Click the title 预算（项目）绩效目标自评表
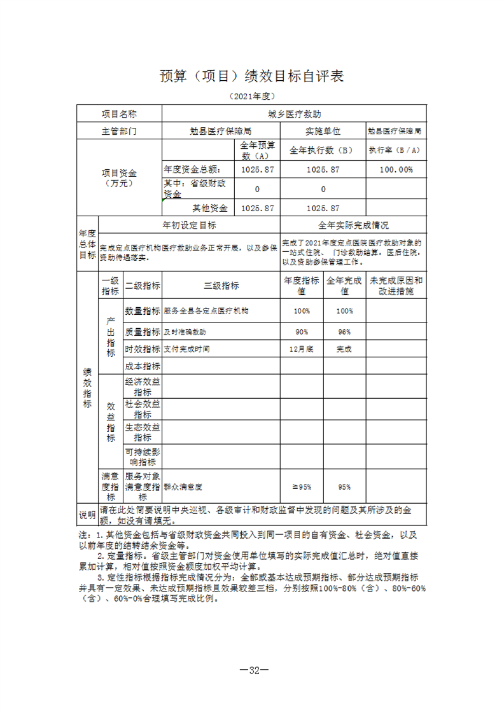click(251, 77)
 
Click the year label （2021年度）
click(251, 97)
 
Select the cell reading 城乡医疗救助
click(294, 114)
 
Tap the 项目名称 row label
click(119, 114)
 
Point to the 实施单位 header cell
click(323, 132)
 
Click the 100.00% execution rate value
click(396, 170)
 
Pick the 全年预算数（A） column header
click(257, 151)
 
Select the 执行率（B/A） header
click(396, 151)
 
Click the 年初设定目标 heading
click(190, 225)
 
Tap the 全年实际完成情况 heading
click(353, 225)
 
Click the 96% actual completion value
click(344, 332)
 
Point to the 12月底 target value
click(302, 349)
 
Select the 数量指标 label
click(142, 312)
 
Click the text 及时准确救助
click(185, 332)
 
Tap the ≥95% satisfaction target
click(302, 487)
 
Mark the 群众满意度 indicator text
click(183, 487)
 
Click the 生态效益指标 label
click(142, 433)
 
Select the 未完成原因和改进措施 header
click(396, 286)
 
